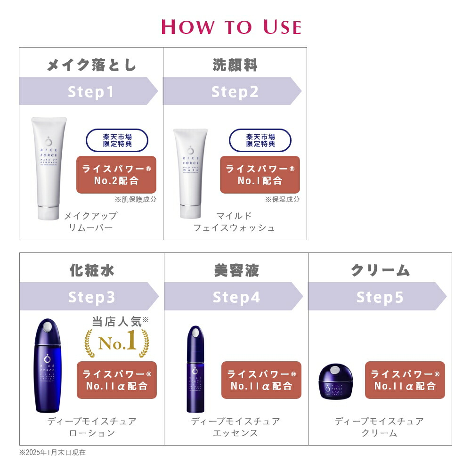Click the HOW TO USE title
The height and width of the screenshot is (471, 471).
point(231,27)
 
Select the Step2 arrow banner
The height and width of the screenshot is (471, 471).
point(233,91)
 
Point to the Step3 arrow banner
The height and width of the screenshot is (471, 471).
point(89,297)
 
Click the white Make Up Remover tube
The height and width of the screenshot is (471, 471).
point(49,169)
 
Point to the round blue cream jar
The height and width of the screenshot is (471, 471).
point(336,381)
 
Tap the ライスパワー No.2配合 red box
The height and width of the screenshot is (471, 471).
point(116,175)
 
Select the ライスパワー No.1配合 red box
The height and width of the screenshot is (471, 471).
point(260,175)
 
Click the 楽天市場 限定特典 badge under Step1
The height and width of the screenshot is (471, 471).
point(117,140)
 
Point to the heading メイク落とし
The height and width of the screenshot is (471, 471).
point(91,65)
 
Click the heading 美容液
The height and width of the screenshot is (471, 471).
point(236,270)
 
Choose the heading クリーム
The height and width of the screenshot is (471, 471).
point(380,270)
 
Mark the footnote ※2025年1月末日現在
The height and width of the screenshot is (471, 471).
point(52,453)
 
